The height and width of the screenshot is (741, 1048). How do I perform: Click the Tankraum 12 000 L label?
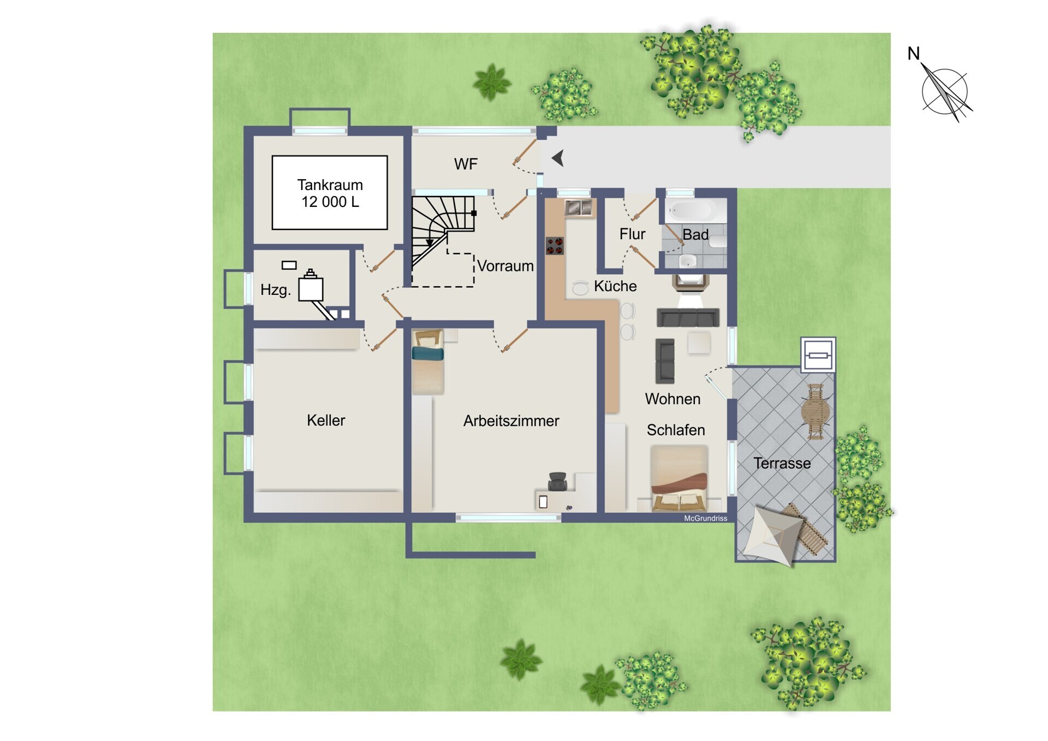(330, 193)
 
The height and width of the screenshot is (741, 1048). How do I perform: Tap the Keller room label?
(326, 420)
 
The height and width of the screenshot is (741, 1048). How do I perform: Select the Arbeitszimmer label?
(511, 420)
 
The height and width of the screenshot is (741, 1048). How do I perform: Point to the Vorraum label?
(505, 266)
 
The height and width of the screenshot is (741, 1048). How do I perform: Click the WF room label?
(466, 164)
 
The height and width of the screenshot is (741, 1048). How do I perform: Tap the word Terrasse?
(782, 463)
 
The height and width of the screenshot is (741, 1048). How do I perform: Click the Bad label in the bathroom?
(695, 234)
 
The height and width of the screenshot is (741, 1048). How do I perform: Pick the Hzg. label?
(275, 289)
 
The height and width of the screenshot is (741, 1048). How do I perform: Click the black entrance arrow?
(557, 158)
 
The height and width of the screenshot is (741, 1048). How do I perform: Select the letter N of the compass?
(913, 54)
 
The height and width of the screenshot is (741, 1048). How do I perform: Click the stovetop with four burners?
(555, 246)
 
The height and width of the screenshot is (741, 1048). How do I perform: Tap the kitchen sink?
(579, 208)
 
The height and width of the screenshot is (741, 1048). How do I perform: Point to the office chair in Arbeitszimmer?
(558, 481)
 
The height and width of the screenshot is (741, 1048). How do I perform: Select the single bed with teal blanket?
(428, 361)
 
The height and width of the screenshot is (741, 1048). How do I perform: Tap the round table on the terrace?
(815, 411)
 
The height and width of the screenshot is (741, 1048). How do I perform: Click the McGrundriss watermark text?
(705, 518)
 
